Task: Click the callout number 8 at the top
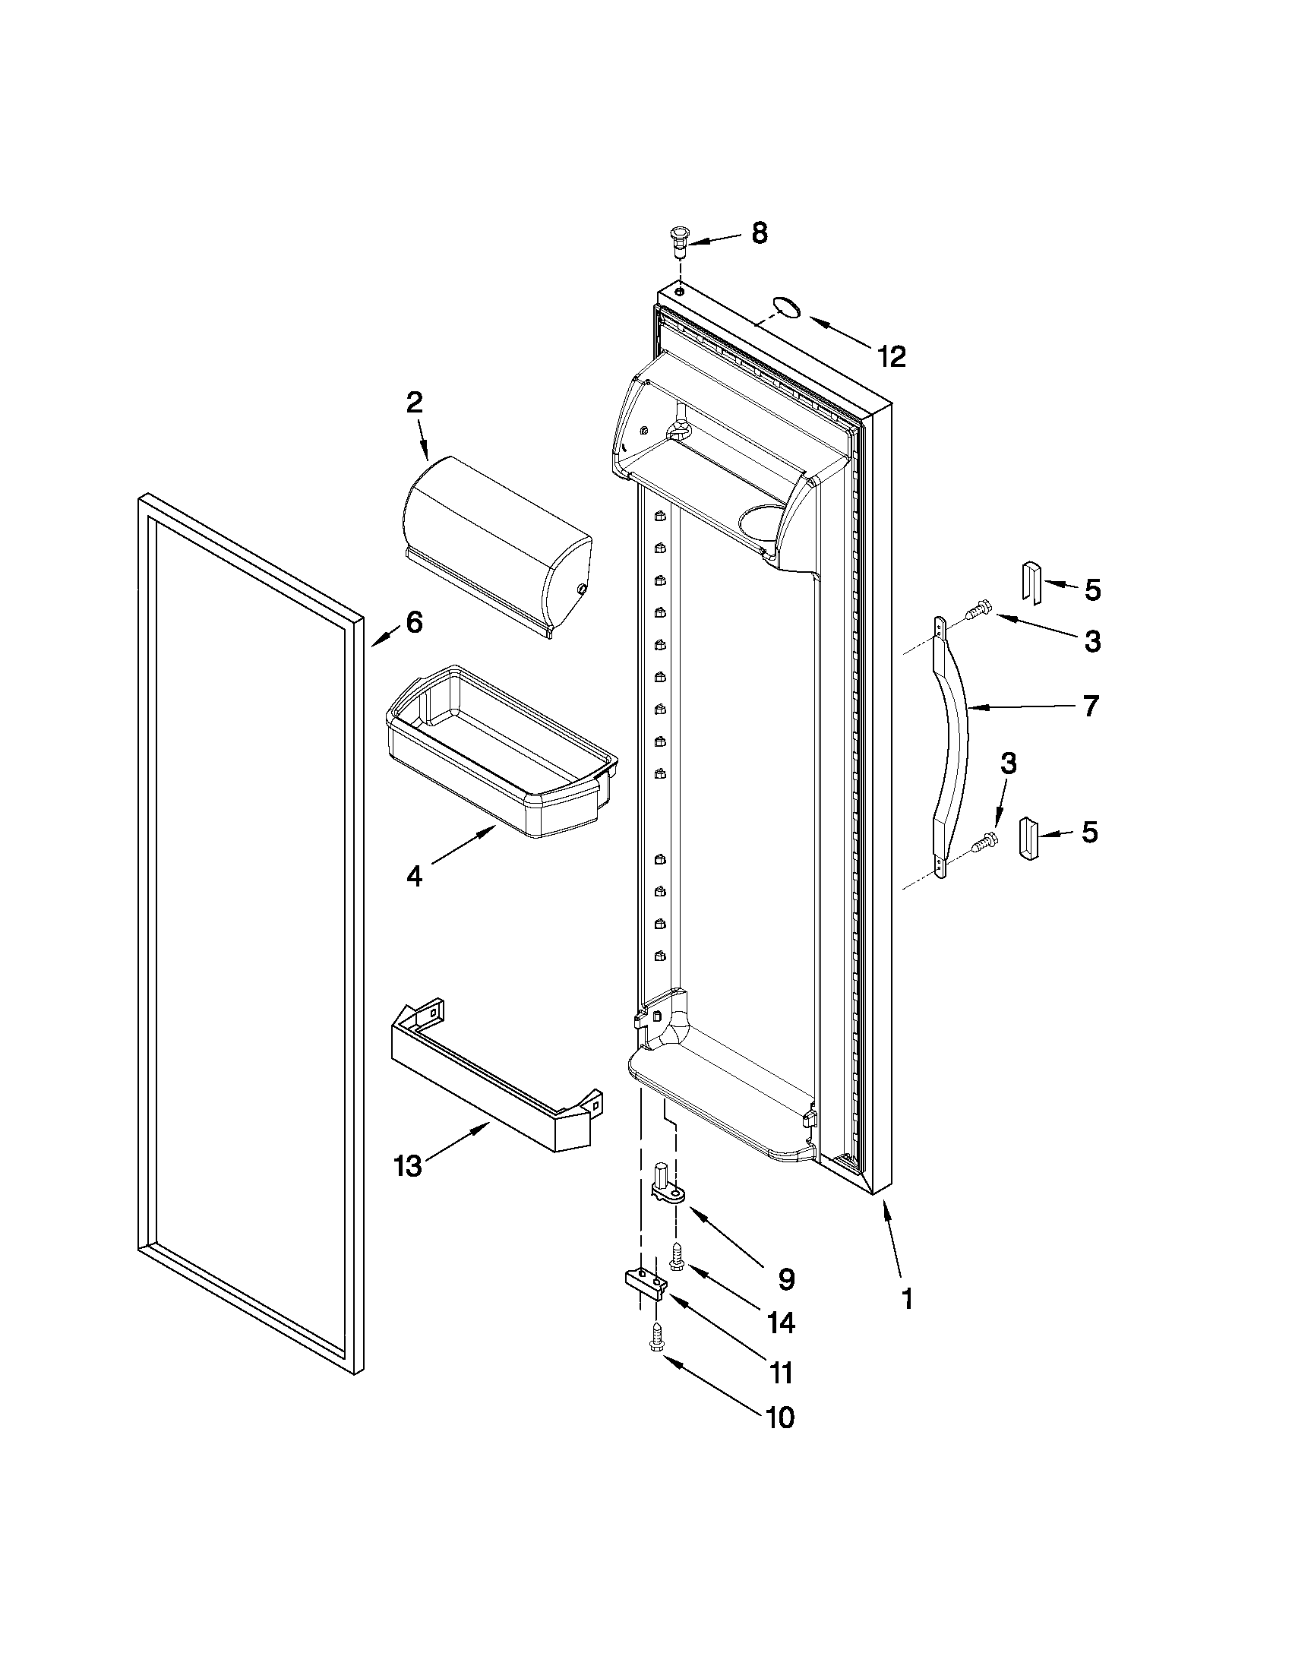coord(759,233)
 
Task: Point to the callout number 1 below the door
coord(906,1298)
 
